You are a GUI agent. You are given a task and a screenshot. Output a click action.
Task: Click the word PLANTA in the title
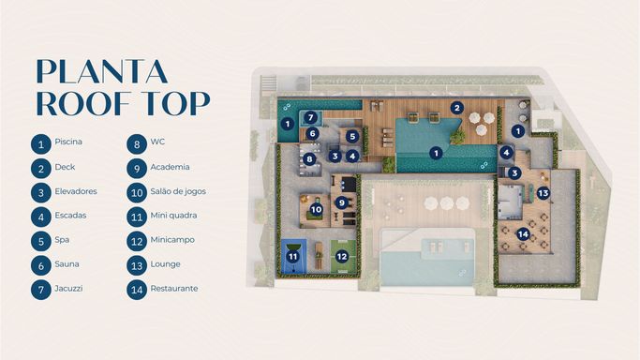click(x=102, y=71)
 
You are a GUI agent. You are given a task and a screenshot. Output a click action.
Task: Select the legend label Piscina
click(x=68, y=142)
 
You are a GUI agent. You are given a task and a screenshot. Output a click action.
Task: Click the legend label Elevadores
click(x=76, y=191)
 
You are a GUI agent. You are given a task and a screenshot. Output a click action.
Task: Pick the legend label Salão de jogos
click(x=178, y=191)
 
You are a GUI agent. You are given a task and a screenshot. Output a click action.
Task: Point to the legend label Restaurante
click(x=174, y=288)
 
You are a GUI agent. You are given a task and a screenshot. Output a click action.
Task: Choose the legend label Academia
click(x=170, y=167)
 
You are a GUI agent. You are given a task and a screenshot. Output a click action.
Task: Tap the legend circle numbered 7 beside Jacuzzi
click(x=41, y=290)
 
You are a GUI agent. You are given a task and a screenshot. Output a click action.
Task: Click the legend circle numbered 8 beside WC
click(x=137, y=143)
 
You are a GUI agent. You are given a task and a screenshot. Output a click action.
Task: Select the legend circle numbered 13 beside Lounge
click(x=137, y=265)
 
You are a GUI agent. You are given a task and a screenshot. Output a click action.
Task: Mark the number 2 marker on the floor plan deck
click(x=457, y=108)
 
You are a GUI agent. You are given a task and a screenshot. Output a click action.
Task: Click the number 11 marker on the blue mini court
click(x=292, y=257)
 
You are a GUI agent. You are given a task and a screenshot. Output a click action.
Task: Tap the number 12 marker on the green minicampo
click(x=342, y=256)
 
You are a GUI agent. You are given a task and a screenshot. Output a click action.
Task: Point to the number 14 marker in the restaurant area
click(x=523, y=234)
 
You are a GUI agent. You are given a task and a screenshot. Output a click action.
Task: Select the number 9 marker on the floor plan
click(x=342, y=202)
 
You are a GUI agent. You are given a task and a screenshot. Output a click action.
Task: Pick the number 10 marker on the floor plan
click(x=317, y=210)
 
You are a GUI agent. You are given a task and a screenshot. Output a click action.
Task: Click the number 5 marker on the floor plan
click(x=352, y=136)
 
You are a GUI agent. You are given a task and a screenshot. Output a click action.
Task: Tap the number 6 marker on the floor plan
click(x=313, y=133)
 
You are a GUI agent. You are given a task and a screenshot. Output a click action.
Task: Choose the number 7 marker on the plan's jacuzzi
click(x=310, y=118)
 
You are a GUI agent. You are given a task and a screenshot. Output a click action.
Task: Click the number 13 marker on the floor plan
click(x=543, y=192)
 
